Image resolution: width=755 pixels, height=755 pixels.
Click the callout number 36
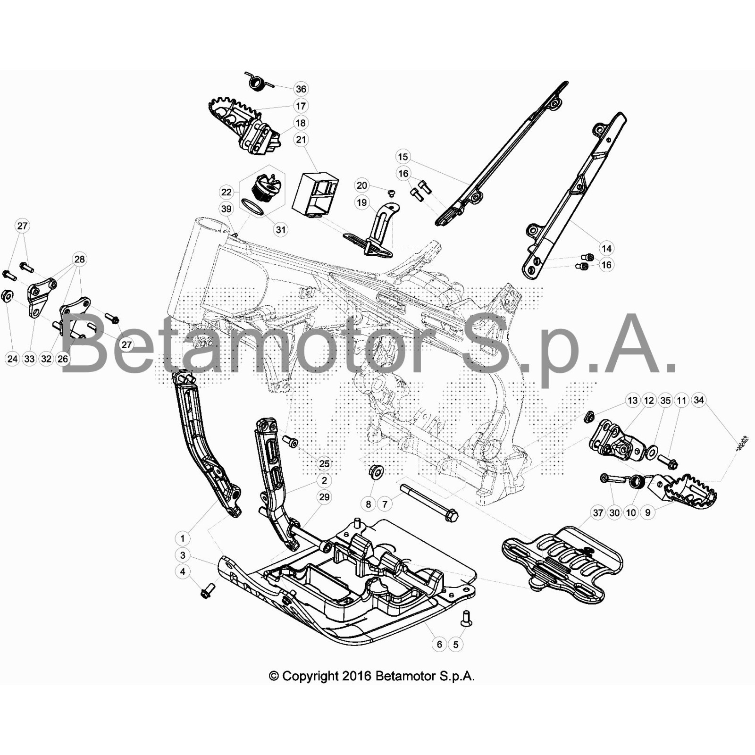[x=301, y=89]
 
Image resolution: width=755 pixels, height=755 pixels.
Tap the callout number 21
[x=301, y=140]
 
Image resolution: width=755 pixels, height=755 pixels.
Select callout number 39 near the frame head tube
[x=226, y=209]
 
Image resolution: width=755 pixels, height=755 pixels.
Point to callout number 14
[x=606, y=248]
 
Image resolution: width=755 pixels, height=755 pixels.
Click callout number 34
[x=698, y=400]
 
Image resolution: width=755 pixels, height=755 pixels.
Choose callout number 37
[x=598, y=512]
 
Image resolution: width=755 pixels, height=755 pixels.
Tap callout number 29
[x=324, y=497]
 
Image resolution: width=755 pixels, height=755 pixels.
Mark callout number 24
[x=12, y=359]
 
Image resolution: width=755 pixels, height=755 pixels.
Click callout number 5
[x=455, y=644]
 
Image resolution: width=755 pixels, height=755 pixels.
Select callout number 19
[x=361, y=202]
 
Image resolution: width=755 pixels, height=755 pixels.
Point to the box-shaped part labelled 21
[x=315, y=195]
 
